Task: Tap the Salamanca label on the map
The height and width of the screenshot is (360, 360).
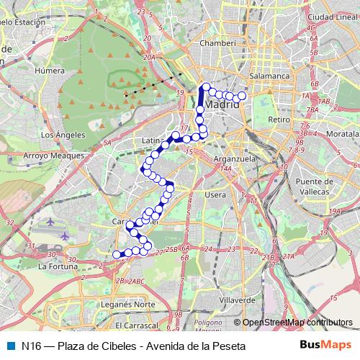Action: coord(269,75)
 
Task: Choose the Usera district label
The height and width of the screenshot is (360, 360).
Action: coord(215,194)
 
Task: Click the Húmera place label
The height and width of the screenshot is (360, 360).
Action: coord(54,71)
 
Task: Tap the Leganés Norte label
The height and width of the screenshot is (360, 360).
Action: coord(130,304)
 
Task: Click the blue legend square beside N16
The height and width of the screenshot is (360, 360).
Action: coord(9,346)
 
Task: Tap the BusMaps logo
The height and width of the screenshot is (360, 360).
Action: coord(326,345)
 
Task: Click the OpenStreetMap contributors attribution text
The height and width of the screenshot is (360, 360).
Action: coord(297,323)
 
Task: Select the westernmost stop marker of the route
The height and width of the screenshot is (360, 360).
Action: coord(117,253)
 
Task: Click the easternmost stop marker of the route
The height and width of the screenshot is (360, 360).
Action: coord(242,96)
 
